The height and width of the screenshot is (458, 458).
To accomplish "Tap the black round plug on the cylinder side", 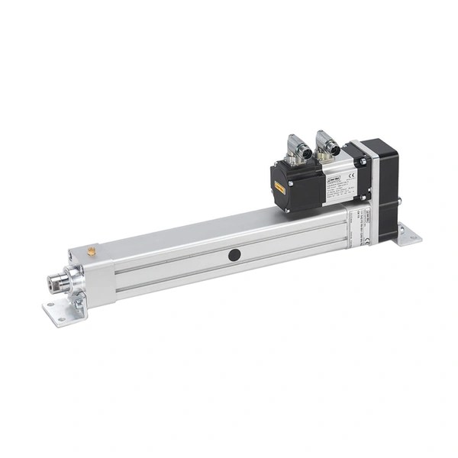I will point(234,255).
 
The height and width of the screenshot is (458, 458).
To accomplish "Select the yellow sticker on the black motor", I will point(281,185).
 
